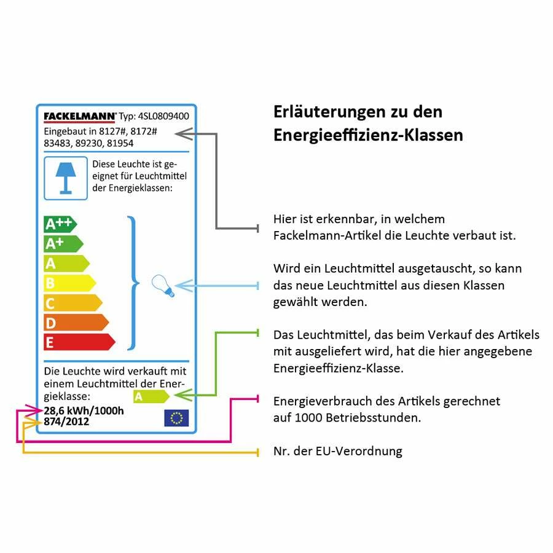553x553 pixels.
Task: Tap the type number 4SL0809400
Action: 163,116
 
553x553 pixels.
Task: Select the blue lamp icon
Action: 66,177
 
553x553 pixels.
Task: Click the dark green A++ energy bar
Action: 60,224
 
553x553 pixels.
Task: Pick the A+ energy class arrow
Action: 63,244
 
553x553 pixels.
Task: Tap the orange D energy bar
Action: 75,323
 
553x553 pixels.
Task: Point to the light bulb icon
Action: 163,286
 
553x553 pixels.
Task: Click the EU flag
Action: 176,418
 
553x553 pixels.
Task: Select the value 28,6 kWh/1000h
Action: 84,410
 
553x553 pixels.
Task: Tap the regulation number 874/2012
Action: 66,422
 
